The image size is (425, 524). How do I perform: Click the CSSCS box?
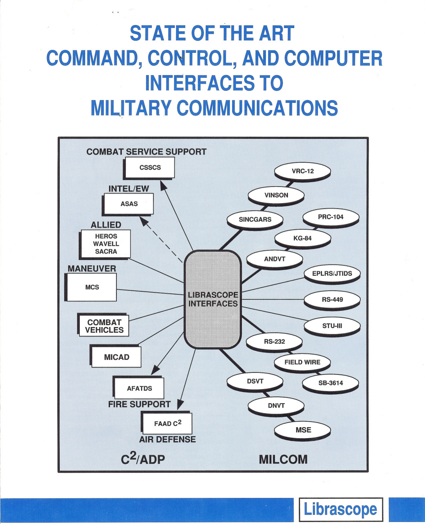tap(150, 167)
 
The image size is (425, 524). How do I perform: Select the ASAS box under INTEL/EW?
tap(129, 204)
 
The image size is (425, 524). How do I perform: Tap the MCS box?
tap(92, 287)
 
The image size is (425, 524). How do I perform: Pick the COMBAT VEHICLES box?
tap(104, 326)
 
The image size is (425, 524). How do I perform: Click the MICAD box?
tap(116, 357)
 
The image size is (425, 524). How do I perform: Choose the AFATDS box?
tap(139, 388)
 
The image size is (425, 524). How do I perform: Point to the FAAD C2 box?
tap(167, 423)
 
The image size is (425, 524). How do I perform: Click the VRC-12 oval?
tap(303, 171)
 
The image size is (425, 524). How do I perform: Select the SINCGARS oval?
tap(255, 219)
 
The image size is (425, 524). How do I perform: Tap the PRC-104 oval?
tap(331, 217)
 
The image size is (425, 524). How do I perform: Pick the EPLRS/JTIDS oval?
tap(332, 274)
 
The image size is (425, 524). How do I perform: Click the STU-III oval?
tap(332, 326)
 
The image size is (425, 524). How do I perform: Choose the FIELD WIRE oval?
tap(302, 362)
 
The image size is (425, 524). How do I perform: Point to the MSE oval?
tap(303, 430)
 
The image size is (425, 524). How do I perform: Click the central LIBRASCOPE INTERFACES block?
tap(213, 299)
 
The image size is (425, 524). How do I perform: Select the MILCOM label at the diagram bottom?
tap(283, 459)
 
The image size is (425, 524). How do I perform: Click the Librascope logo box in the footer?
tap(340, 509)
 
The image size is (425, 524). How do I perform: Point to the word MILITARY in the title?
tap(131, 108)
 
